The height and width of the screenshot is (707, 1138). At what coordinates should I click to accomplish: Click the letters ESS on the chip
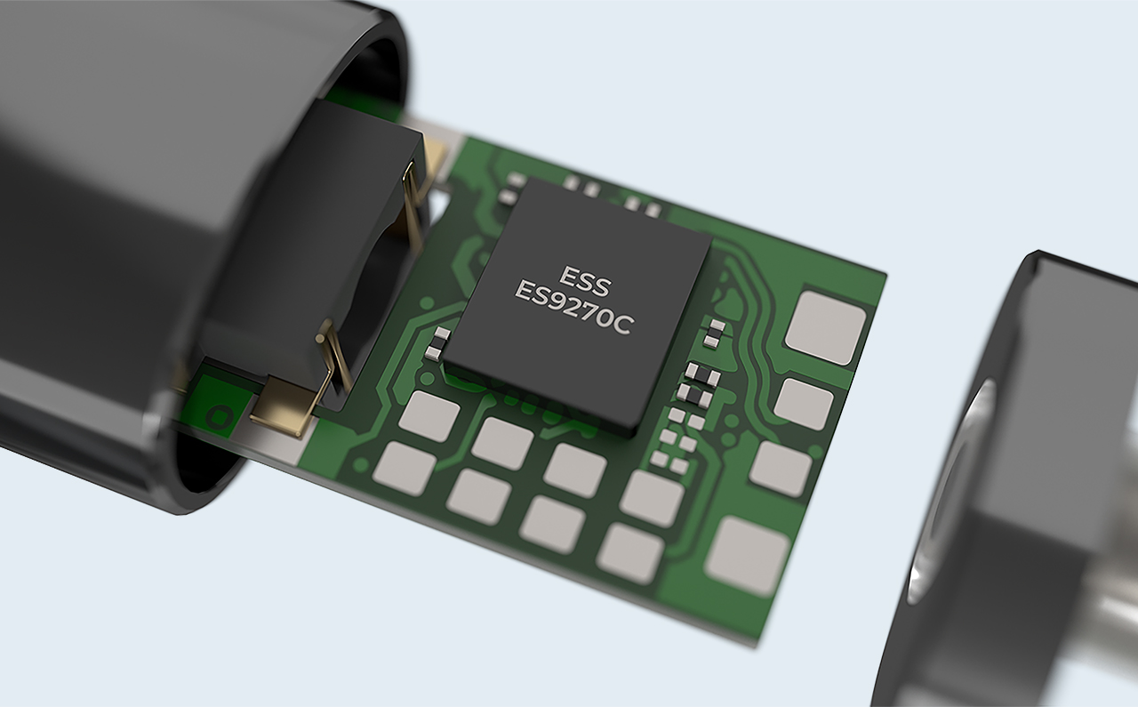point(584,281)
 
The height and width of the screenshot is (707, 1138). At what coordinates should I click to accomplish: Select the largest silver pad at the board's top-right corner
point(825,328)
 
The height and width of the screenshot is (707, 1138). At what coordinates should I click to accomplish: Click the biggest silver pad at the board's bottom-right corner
point(747,556)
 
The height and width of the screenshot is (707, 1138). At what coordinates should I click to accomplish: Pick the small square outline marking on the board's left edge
point(219,417)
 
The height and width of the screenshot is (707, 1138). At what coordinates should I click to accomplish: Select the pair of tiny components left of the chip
point(437,343)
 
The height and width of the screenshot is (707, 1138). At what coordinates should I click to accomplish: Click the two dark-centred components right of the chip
point(701,385)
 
